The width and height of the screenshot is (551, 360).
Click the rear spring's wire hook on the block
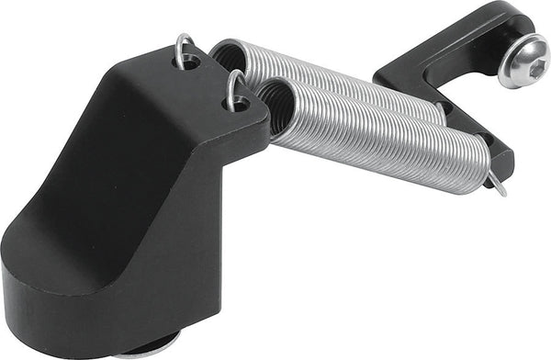185,48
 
